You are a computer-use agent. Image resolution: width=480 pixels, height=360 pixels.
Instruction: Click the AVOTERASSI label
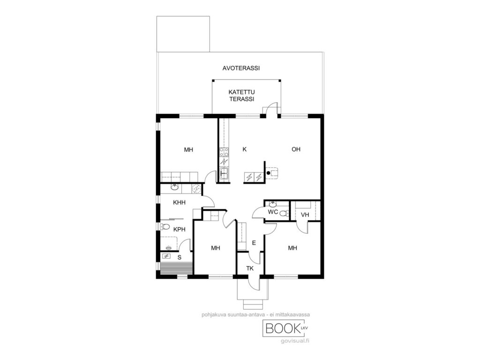[241, 68]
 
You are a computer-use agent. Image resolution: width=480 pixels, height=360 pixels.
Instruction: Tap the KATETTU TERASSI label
[241, 96]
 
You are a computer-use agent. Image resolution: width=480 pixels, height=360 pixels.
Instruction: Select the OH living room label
[296, 150]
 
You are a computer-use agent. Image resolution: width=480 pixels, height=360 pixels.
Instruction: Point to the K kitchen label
[245, 150]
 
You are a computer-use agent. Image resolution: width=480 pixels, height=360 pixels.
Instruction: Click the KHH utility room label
[179, 202]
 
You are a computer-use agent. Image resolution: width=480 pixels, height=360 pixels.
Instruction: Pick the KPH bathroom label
[180, 229]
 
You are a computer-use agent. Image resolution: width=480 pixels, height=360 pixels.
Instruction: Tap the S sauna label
[180, 257]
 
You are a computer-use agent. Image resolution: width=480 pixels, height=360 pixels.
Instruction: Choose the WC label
[273, 212]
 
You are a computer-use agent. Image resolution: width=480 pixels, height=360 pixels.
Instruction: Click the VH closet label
[305, 215]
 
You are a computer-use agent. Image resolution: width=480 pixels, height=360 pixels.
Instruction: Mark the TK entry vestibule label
[250, 269]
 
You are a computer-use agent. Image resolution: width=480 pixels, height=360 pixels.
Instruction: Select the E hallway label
[254, 243]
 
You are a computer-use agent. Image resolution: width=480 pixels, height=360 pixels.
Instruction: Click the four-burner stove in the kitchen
[224, 152]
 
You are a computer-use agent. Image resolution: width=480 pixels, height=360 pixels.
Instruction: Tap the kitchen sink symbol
[224, 173]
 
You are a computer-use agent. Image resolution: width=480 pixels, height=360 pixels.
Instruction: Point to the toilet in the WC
[285, 213]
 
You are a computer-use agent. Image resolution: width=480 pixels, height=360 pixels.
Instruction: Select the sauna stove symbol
[167, 256]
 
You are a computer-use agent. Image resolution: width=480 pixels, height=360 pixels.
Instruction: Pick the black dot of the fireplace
[269, 173]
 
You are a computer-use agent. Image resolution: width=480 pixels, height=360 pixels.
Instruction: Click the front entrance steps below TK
[253, 305]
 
